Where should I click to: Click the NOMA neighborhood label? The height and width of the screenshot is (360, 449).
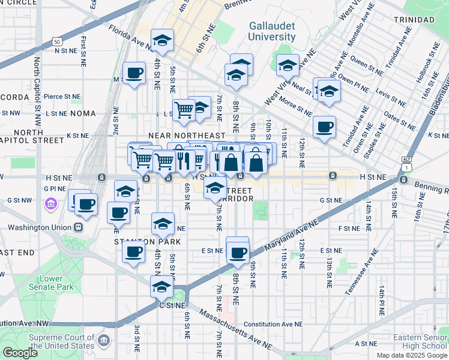tap(86, 113)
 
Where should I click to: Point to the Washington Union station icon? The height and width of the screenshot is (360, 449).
tap(77, 227)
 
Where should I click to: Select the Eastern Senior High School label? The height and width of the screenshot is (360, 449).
tap(420, 341)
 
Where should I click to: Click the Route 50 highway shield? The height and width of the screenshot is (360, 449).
tap(56, 42)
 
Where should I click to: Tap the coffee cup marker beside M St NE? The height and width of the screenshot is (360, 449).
tap(133, 74)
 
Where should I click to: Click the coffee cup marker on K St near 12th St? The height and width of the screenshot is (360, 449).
tap(324, 127)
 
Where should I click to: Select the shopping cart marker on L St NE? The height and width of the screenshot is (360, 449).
tap(183, 109)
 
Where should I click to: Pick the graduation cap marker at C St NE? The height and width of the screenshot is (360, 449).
tap(161, 287)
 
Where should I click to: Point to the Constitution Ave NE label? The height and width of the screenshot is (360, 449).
tap(273, 324)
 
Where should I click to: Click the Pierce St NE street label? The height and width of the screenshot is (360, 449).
tap(62, 96)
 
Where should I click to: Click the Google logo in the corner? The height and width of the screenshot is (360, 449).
tap(20, 353)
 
